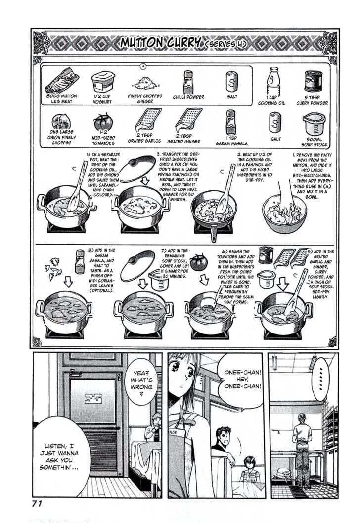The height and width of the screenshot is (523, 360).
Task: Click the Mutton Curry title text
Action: tap(161, 43)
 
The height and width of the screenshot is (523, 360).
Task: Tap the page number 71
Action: tap(37, 503)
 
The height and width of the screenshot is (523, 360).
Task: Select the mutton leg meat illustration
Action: tap(62, 80)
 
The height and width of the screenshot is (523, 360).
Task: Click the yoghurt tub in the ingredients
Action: tap(103, 82)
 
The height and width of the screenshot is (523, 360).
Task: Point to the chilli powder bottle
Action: tap(188, 82)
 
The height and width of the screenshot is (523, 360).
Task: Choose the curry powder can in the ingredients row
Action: tap(313, 82)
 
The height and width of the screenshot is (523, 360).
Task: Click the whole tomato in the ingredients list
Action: tap(103, 122)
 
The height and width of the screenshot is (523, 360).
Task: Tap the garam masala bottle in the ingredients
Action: tap(230, 122)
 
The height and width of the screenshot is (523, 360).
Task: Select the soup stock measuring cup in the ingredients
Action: tap(314, 124)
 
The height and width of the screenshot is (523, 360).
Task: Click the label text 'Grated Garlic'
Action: tap(144, 139)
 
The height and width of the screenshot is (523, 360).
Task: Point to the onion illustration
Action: tap(61, 122)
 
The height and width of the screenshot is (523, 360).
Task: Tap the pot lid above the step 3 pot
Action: tap(137, 169)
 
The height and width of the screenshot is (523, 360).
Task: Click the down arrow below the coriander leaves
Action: tap(68, 282)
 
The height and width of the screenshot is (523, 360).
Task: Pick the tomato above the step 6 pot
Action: tap(199, 262)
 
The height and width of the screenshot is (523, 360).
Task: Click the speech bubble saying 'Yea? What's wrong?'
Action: tap(141, 381)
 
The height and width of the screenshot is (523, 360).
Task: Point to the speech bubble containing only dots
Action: tap(320, 379)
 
